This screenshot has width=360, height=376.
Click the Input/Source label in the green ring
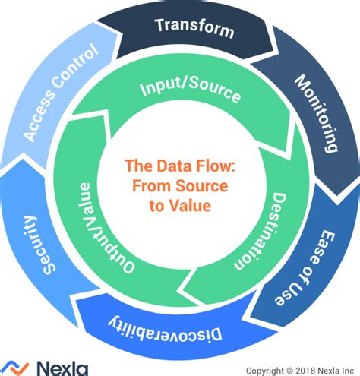(190, 92)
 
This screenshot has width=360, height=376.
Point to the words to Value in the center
(180, 205)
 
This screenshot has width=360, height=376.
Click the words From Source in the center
(180, 186)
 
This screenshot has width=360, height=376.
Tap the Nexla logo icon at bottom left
(14, 368)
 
